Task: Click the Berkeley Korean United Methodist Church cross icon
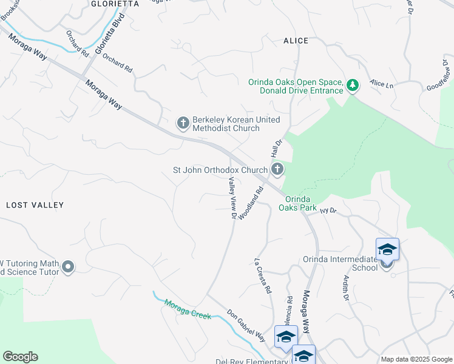[183, 123]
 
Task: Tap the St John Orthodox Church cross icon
[277, 170]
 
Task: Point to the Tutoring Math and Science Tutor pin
[68, 267]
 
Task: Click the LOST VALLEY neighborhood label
[35, 205]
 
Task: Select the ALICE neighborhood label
[296, 41]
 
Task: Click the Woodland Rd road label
[251, 203]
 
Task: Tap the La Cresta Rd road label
[262, 277]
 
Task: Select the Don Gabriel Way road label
[246, 326]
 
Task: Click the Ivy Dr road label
[328, 211]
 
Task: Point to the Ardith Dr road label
[345, 288]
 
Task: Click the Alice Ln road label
[382, 84]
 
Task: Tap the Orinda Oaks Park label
[298, 203]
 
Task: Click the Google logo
[20, 357]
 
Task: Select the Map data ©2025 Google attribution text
[416, 359]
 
